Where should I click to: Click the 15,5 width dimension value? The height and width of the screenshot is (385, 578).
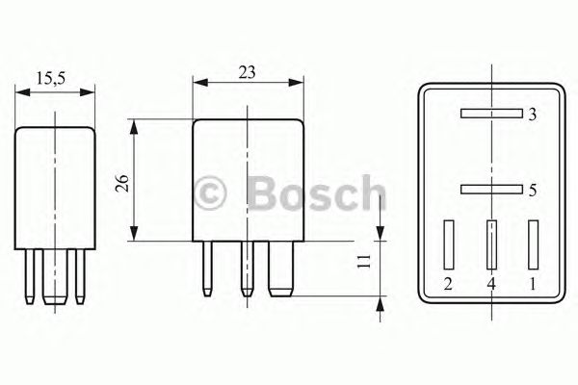click(50, 78)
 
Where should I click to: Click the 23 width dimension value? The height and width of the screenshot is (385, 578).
click(247, 72)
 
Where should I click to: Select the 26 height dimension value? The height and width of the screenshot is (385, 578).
click(122, 183)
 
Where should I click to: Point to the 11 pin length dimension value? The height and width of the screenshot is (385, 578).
click(364, 261)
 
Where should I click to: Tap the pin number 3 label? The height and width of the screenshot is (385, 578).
click(532, 115)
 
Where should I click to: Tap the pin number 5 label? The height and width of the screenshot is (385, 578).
click(533, 191)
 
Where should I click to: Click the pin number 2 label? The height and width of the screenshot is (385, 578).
click(448, 284)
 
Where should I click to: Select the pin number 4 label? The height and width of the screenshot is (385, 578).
click(491, 284)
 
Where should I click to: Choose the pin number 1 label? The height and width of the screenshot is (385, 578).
click(533, 284)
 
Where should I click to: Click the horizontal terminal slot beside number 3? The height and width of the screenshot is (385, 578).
click(491, 114)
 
